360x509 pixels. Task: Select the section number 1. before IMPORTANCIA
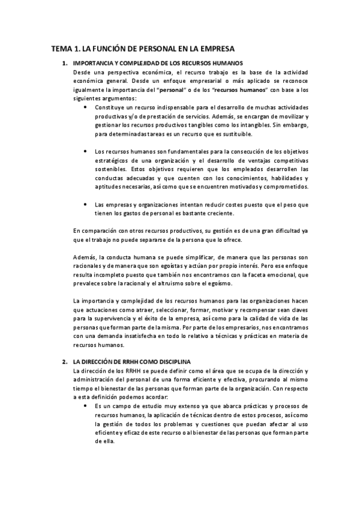tap(65, 63)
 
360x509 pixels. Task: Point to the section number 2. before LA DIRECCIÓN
tap(65, 363)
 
